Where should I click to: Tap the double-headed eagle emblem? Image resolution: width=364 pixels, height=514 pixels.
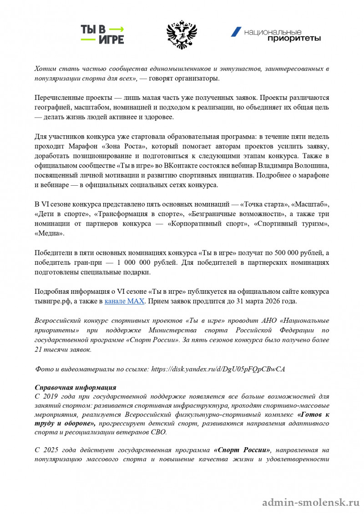coord(181,35)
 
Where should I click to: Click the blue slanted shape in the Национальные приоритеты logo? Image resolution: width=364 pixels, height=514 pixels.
coord(236,32)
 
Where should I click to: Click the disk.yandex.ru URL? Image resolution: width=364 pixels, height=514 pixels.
coord(217,369)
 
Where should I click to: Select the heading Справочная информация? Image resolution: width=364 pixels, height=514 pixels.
coord(75,388)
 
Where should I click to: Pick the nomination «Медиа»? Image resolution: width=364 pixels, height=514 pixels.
coord(50,233)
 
